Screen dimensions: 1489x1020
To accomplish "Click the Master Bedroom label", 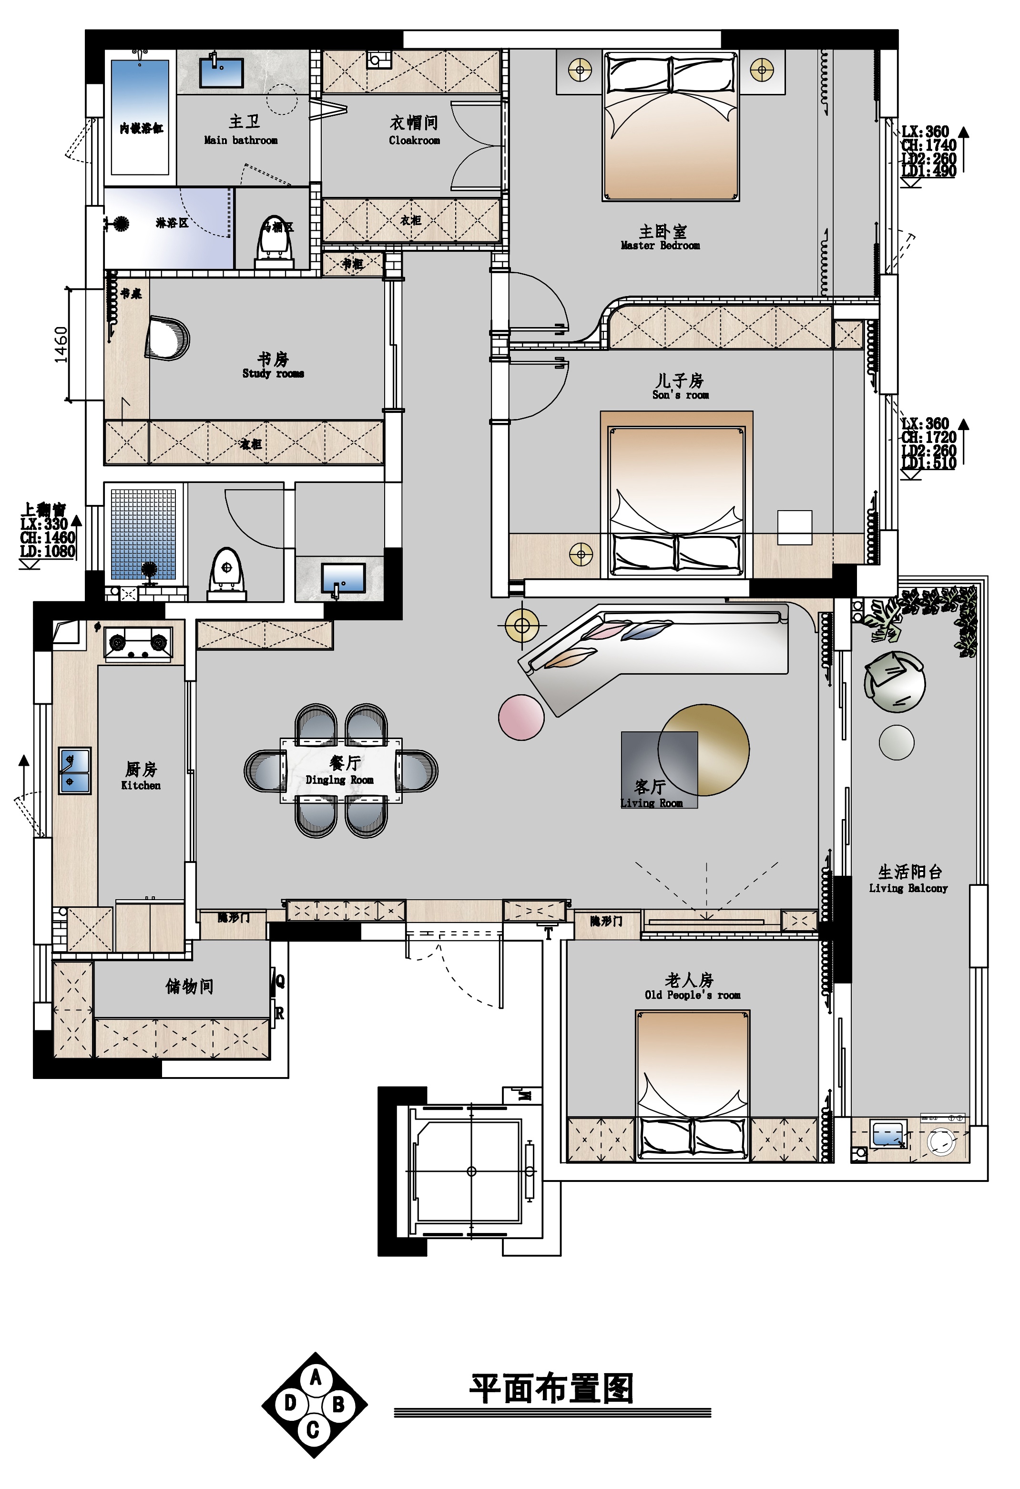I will [661, 237].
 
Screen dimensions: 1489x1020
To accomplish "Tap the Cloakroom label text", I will [414, 131].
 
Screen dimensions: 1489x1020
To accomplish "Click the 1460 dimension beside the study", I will [61, 345].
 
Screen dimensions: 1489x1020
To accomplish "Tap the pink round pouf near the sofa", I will [521, 718].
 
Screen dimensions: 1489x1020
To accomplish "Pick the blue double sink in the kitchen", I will [75, 770].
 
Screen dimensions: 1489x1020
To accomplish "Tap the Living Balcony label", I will [908, 879].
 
